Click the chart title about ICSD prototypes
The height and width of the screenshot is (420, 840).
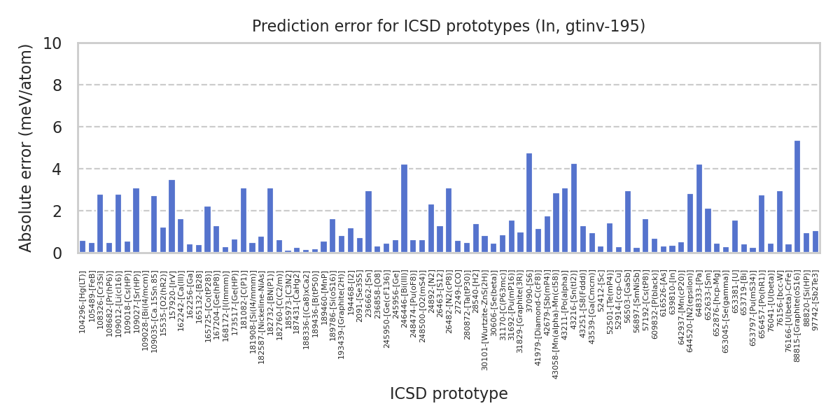pyautogui.click(x=448, y=27)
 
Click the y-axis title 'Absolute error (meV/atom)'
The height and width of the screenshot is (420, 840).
pyautogui.click(x=27, y=148)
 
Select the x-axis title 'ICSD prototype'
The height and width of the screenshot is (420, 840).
pyautogui.click(x=448, y=394)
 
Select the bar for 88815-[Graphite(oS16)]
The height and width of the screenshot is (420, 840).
pyautogui.click(x=797, y=197)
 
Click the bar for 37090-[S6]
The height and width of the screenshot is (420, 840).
pyautogui.click(x=529, y=203)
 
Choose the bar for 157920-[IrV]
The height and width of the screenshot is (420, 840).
pyautogui.click(x=171, y=216)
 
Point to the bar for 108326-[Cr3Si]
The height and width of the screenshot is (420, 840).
pyautogui.click(x=100, y=223)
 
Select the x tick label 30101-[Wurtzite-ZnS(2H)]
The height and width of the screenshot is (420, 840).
pyautogui.click(x=484, y=311)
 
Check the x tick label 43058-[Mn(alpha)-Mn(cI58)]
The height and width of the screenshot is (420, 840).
pyautogui.click(x=556, y=315)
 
